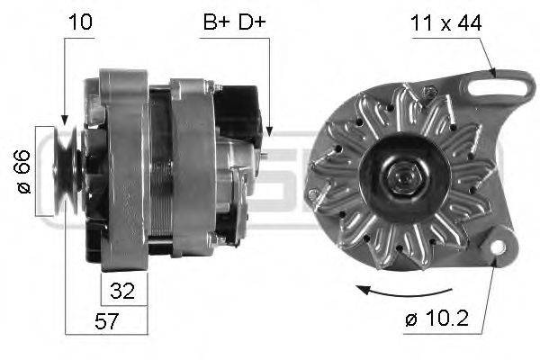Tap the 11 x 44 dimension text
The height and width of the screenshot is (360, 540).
point(447,22)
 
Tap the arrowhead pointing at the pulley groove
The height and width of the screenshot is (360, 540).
point(64,119)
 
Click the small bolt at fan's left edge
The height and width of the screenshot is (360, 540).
point(312,193)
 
